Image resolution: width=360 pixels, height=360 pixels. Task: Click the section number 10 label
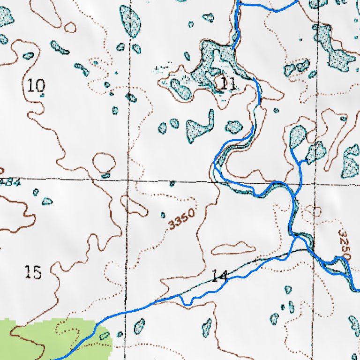36,86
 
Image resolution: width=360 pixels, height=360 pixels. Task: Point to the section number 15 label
33,272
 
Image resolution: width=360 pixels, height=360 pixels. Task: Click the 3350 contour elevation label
181,219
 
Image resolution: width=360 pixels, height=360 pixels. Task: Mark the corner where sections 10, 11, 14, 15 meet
127,180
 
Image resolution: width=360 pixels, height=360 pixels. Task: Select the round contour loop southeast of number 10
104,163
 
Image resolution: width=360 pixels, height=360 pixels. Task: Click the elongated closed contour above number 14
233,247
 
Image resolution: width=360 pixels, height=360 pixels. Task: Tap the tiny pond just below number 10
42,95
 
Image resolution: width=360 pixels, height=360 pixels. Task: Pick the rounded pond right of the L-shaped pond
234,127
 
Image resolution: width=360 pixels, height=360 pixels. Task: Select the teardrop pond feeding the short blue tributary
298,136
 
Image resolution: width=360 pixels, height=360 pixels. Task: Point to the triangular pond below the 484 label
47,201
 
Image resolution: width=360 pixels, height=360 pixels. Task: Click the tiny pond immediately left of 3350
163,215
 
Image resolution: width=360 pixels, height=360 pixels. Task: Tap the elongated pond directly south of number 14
206,328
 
